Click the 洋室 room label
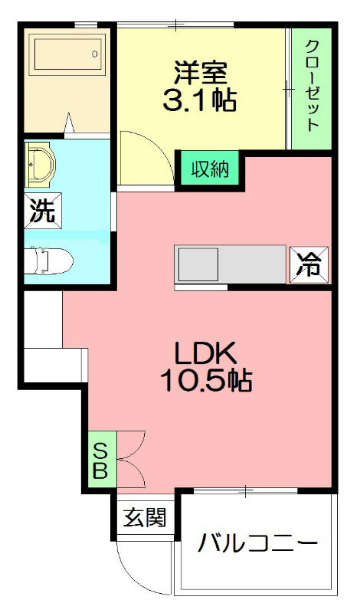point(200,73)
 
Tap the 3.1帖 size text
point(200,100)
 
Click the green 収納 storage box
point(210,169)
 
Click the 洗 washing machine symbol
point(42,211)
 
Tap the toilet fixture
point(50,261)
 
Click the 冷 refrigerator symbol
point(309,265)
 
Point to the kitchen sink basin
point(198,265)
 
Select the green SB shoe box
point(100,459)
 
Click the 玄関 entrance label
point(145,518)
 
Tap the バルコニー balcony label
point(257,546)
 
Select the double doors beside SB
point(130,459)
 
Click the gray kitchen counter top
point(253,265)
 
